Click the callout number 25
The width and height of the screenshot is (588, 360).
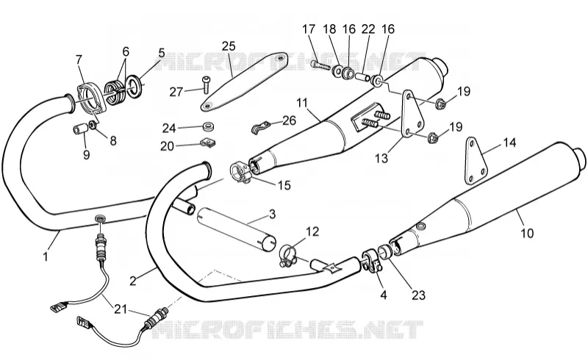coord(229,46)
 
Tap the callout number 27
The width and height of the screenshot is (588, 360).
coord(176,92)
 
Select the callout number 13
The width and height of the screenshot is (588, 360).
coord(381,158)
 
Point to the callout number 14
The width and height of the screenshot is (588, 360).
coord(509,143)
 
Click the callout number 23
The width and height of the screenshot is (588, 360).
coord(418,295)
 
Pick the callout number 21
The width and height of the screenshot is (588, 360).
coord(121,309)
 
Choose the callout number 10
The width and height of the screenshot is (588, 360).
coord(527,233)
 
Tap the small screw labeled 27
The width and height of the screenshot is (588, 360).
coord(207,84)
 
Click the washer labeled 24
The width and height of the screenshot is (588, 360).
coord(209,126)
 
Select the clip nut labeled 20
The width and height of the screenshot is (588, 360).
coord(206,142)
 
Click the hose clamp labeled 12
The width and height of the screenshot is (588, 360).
coord(288,255)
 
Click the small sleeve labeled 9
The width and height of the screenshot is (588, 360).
coord(80,129)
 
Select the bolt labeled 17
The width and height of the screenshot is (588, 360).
coord(320,65)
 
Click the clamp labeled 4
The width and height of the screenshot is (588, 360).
coord(371,261)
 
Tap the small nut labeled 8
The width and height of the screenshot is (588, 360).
coord(92,125)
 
